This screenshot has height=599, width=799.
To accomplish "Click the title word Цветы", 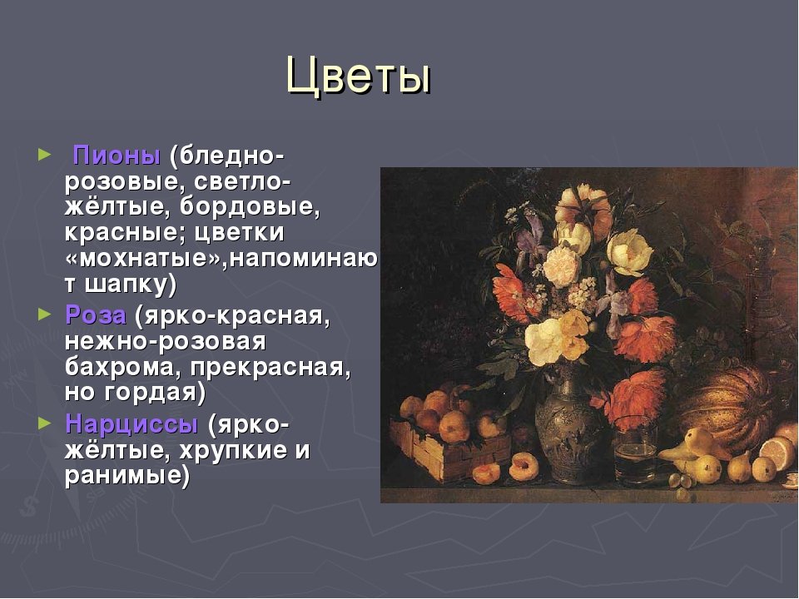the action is pyautogui.click(x=359, y=76).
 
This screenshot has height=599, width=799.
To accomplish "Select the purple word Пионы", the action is pyautogui.click(x=117, y=156).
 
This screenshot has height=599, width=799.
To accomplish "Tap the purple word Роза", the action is pyautogui.click(x=96, y=315).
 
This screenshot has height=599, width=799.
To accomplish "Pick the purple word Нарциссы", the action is pyautogui.click(x=132, y=424).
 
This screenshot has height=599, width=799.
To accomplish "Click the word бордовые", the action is pyautogui.click(x=250, y=206).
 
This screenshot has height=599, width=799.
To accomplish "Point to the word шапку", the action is pyautogui.click(x=131, y=285).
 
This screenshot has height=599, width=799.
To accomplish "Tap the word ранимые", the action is pyautogui.click(x=127, y=476).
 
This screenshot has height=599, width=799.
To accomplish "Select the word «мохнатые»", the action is pyautogui.click(x=146, y=258).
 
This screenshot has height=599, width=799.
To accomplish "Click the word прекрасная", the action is pyautogui.click(x=270, y=367).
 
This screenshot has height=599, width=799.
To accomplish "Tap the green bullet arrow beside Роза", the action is pyautogui.click(x=45, y=314).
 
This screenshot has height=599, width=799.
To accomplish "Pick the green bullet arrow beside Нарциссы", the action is pyautogui.click(x=45, y=423).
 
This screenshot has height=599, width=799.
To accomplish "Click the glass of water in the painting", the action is pyautogui.click(x=635, y=450).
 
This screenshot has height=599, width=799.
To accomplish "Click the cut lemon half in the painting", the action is pyautogui.click(x=777, y=453).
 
